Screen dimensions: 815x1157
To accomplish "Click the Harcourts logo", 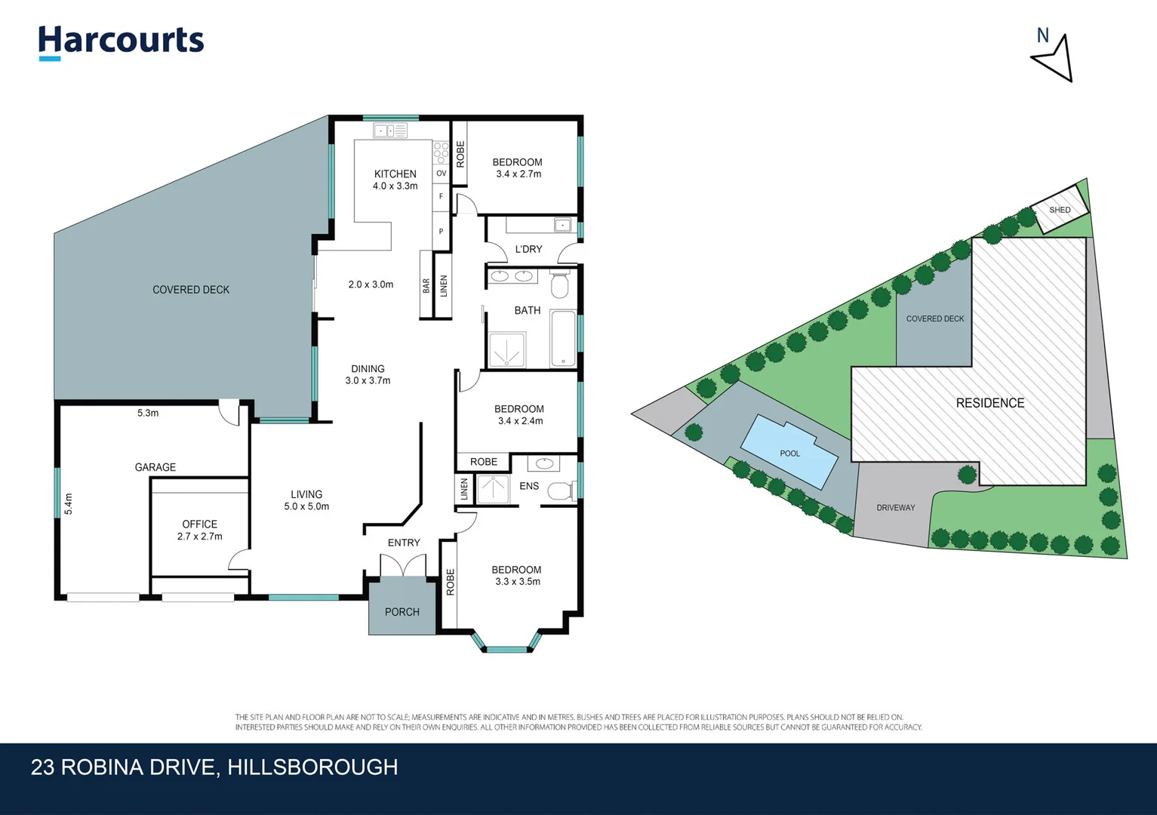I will click(121, 41).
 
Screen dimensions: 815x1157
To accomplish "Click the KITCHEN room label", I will click(395, 174).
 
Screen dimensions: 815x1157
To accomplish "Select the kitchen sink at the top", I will click(390, 131).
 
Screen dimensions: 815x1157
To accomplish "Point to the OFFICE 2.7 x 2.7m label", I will click(200, 530).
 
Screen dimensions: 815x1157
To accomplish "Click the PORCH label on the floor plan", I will click(402, 612).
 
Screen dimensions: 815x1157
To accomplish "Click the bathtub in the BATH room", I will click(562, 339).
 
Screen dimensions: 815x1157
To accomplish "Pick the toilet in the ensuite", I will click(561, 491).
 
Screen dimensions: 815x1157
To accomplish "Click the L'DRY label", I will click(528, 249).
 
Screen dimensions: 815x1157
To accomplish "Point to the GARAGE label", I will click(155, 467).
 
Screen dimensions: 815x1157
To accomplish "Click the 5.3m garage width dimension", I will click(148, 413).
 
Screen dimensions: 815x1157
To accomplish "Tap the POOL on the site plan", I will click(789, 453).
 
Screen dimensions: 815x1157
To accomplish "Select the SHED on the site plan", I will click(1060, 210).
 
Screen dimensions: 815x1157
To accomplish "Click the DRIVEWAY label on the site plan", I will click(895, 508).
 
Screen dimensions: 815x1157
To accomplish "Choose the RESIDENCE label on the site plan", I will click(990, 403).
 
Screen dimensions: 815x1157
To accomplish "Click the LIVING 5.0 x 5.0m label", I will click(306, 500).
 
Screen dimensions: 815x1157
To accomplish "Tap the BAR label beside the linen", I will click(426, 285).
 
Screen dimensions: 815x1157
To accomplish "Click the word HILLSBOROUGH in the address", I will click(312, 767).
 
